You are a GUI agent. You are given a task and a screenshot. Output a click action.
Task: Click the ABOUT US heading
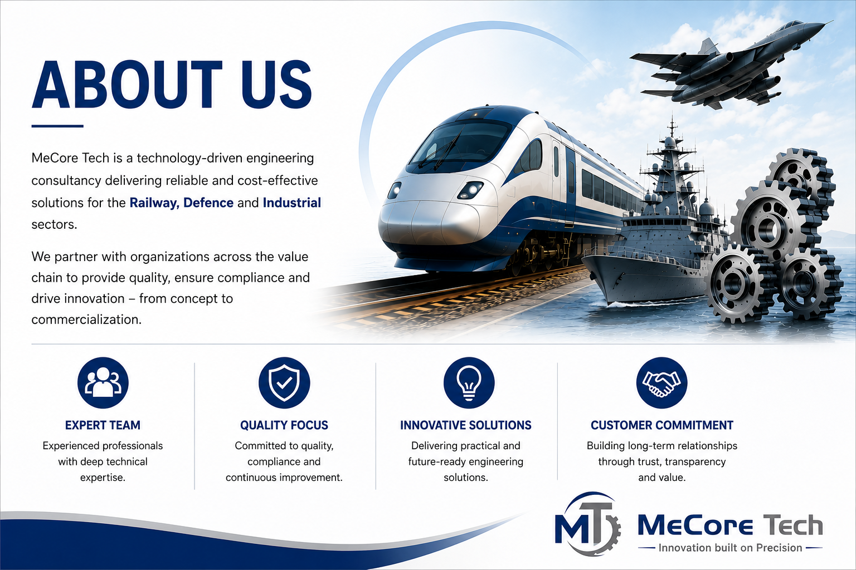click(172, 84)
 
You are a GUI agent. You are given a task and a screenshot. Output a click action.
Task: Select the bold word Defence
click(208, 203)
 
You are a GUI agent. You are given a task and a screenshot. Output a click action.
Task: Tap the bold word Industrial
click(292, 203)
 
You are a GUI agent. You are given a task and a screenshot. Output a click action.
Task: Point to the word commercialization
click(86, 320)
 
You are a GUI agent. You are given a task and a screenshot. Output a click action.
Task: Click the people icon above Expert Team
click(103, 382)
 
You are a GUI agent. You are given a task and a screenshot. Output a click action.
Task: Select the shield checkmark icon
click(284, 382)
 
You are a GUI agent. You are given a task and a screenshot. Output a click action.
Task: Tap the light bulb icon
click(469, 382)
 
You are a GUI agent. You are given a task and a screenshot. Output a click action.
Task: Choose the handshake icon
click(662, 382)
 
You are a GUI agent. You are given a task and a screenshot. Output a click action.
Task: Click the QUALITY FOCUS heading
click(284, 425)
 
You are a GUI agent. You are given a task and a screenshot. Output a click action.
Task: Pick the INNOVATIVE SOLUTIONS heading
click(466, 425)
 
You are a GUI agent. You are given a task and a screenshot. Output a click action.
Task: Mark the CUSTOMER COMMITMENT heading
click(662, 425)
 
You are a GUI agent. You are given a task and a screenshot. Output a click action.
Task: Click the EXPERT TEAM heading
click(103, 425)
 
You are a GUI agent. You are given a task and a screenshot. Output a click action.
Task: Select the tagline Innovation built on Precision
click(730, 548)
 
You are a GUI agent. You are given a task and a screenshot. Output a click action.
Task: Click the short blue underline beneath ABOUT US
click(57, 126)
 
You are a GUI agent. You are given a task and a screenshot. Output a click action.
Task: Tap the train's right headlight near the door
click(470, 190)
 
